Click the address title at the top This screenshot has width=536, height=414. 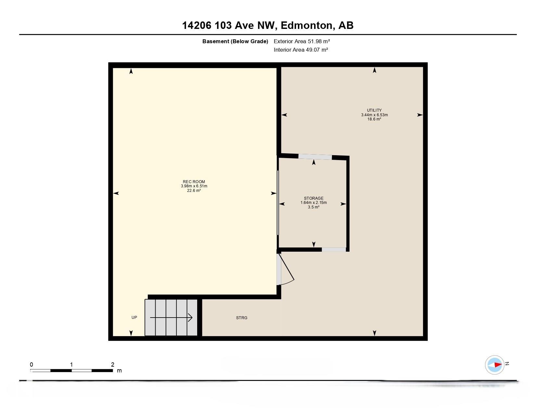[268, 25]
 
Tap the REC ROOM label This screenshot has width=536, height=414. [194, 182]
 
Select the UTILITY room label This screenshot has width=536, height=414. [374, 110]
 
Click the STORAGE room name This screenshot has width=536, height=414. [313, 198]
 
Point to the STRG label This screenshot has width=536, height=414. [241, 318]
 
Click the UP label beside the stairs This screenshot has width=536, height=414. [134, 317]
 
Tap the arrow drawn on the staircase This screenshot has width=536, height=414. [171, 317]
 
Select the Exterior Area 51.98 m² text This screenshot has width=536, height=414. [302, 42]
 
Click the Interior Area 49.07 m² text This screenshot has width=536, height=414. [301, 50]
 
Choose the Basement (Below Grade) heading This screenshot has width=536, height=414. [235, 42]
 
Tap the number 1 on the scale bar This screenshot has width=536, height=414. [71, 364]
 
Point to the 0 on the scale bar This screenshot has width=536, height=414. [31, 364]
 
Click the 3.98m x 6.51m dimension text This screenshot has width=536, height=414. [194, 186]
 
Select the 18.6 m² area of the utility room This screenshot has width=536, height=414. [374, 119]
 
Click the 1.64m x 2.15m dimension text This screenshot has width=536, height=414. [313, 203]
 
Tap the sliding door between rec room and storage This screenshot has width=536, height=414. [277, 203]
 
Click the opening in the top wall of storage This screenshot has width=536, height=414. [315, 157]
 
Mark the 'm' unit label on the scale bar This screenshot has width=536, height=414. [120, 370]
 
